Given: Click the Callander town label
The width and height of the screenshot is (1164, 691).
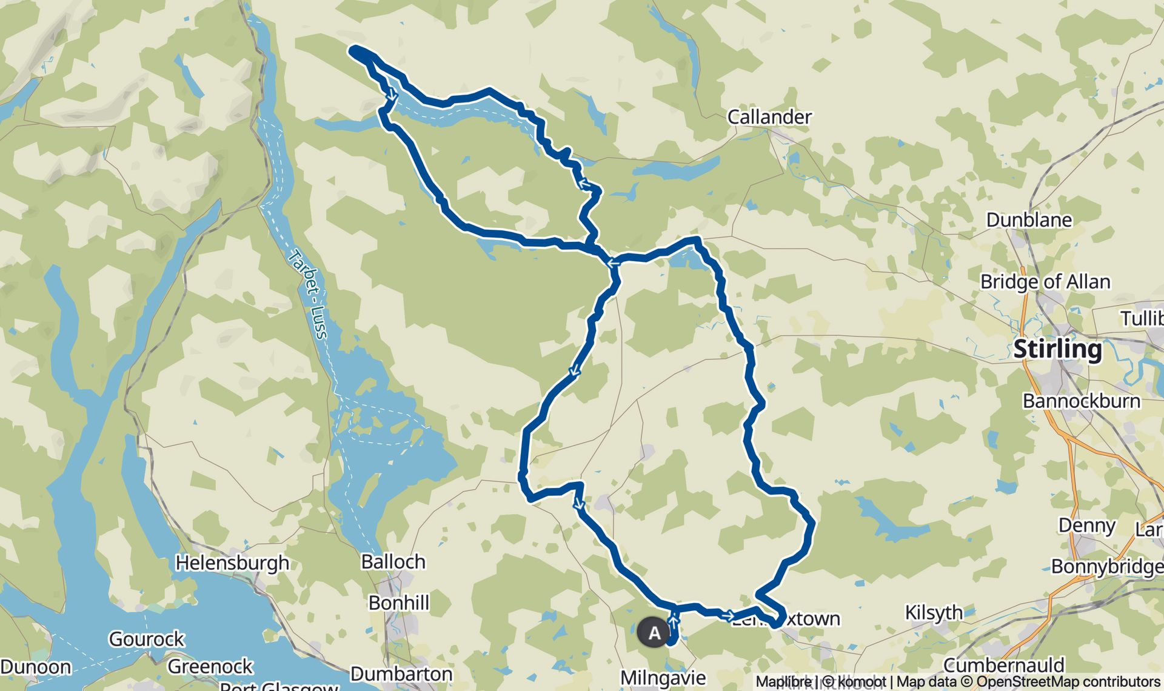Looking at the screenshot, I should coord(769,116).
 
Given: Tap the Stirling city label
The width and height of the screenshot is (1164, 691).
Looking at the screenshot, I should coord(1057,349).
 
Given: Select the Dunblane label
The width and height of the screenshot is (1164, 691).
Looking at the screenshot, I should coord(1029,219).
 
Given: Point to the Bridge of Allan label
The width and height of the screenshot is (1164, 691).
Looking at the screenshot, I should coord(1045,282).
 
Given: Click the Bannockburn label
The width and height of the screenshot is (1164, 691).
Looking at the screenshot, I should coord(1081,401).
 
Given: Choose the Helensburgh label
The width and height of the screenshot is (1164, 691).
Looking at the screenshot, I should coord(232,562).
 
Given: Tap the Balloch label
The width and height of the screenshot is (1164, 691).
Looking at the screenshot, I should coord(393,561).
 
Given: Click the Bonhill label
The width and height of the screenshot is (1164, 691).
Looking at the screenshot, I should coord(399,603).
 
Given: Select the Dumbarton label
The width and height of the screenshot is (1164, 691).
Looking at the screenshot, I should coord(401,673).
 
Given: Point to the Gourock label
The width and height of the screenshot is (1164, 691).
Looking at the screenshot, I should coord(146,639).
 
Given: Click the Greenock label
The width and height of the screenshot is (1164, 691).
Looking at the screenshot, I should coord(210,666).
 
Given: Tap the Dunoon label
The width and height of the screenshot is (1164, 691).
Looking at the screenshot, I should coord(36,667).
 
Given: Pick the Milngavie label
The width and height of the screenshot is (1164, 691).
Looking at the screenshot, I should coord(663,678).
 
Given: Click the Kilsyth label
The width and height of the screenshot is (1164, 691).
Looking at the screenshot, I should coord(934,613).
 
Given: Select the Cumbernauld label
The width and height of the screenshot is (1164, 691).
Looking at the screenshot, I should coord(1003,665).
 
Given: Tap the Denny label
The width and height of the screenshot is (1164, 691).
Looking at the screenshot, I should coord(1086,525).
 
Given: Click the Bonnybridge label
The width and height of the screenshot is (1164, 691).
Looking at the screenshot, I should coord(1107,566).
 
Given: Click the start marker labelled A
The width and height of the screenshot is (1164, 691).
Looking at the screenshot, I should coord(654,633).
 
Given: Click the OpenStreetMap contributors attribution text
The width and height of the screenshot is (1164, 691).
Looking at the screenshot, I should coord(1068,682).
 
